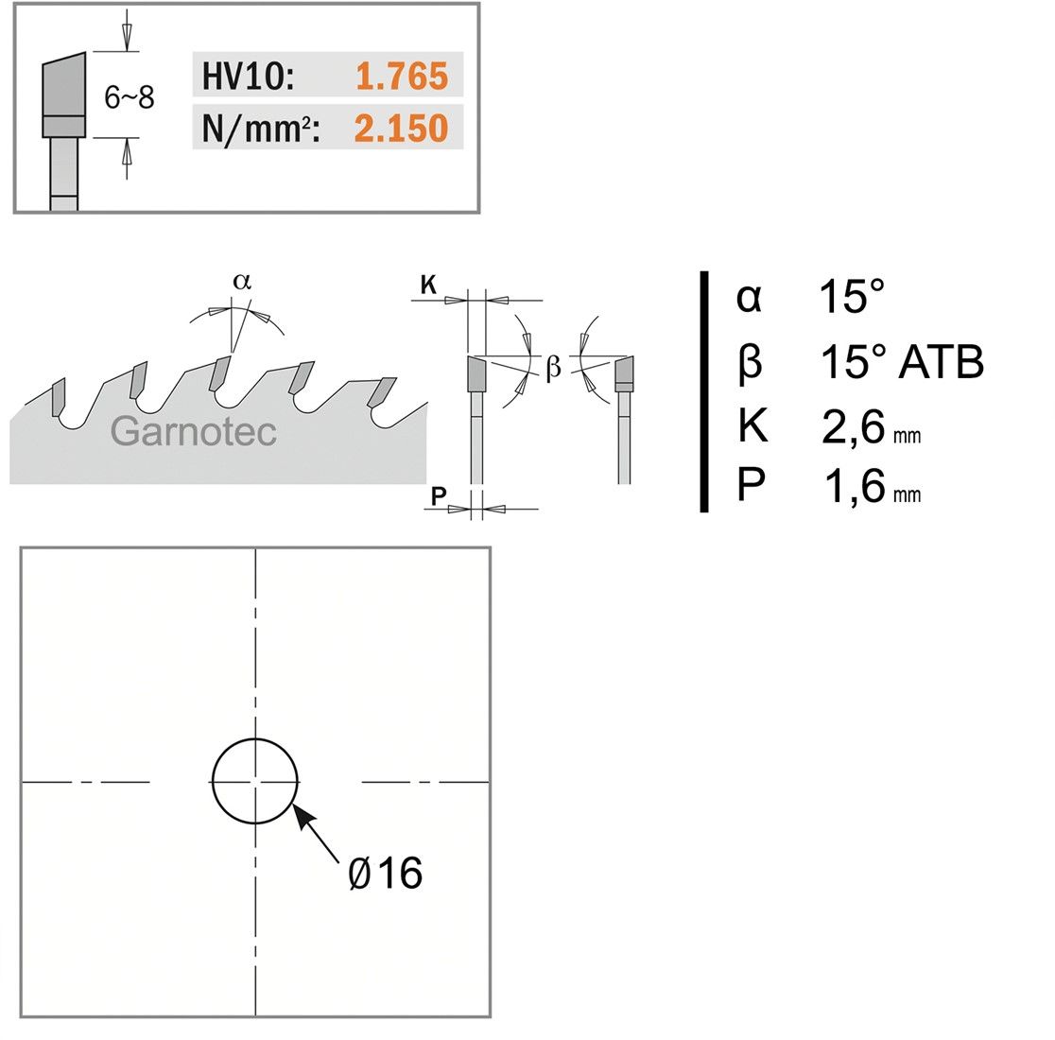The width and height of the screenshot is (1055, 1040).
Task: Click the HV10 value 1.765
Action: coord(402,76)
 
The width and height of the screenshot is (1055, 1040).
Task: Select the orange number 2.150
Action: coord(401,128)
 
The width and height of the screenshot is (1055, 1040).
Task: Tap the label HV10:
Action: coord(248,76)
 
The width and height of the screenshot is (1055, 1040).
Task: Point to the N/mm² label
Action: coord(260,128)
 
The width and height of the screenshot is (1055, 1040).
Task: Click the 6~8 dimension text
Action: coord(130,97)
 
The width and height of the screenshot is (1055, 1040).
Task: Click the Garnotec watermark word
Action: coord(194,431)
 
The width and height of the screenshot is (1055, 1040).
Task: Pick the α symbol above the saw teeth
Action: coord(242,281)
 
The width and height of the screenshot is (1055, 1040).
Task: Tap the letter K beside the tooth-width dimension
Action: coord(428,285)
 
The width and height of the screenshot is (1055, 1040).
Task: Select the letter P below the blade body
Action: coord(439,495)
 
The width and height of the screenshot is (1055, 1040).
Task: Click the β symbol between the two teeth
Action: coord(553,367)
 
